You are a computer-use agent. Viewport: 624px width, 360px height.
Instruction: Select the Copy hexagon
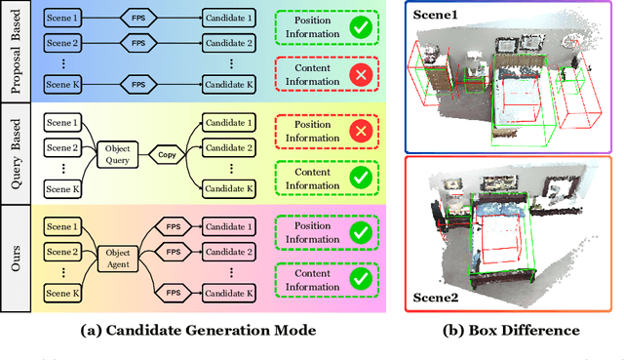[167, 153]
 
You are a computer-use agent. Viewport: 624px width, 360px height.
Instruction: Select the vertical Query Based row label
[13, 154]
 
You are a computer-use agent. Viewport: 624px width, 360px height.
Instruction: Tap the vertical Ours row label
[13, 258]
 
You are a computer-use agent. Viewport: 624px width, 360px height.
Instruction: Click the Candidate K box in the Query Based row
[230, 188]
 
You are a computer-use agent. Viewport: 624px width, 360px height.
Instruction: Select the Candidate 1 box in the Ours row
[230, 222]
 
